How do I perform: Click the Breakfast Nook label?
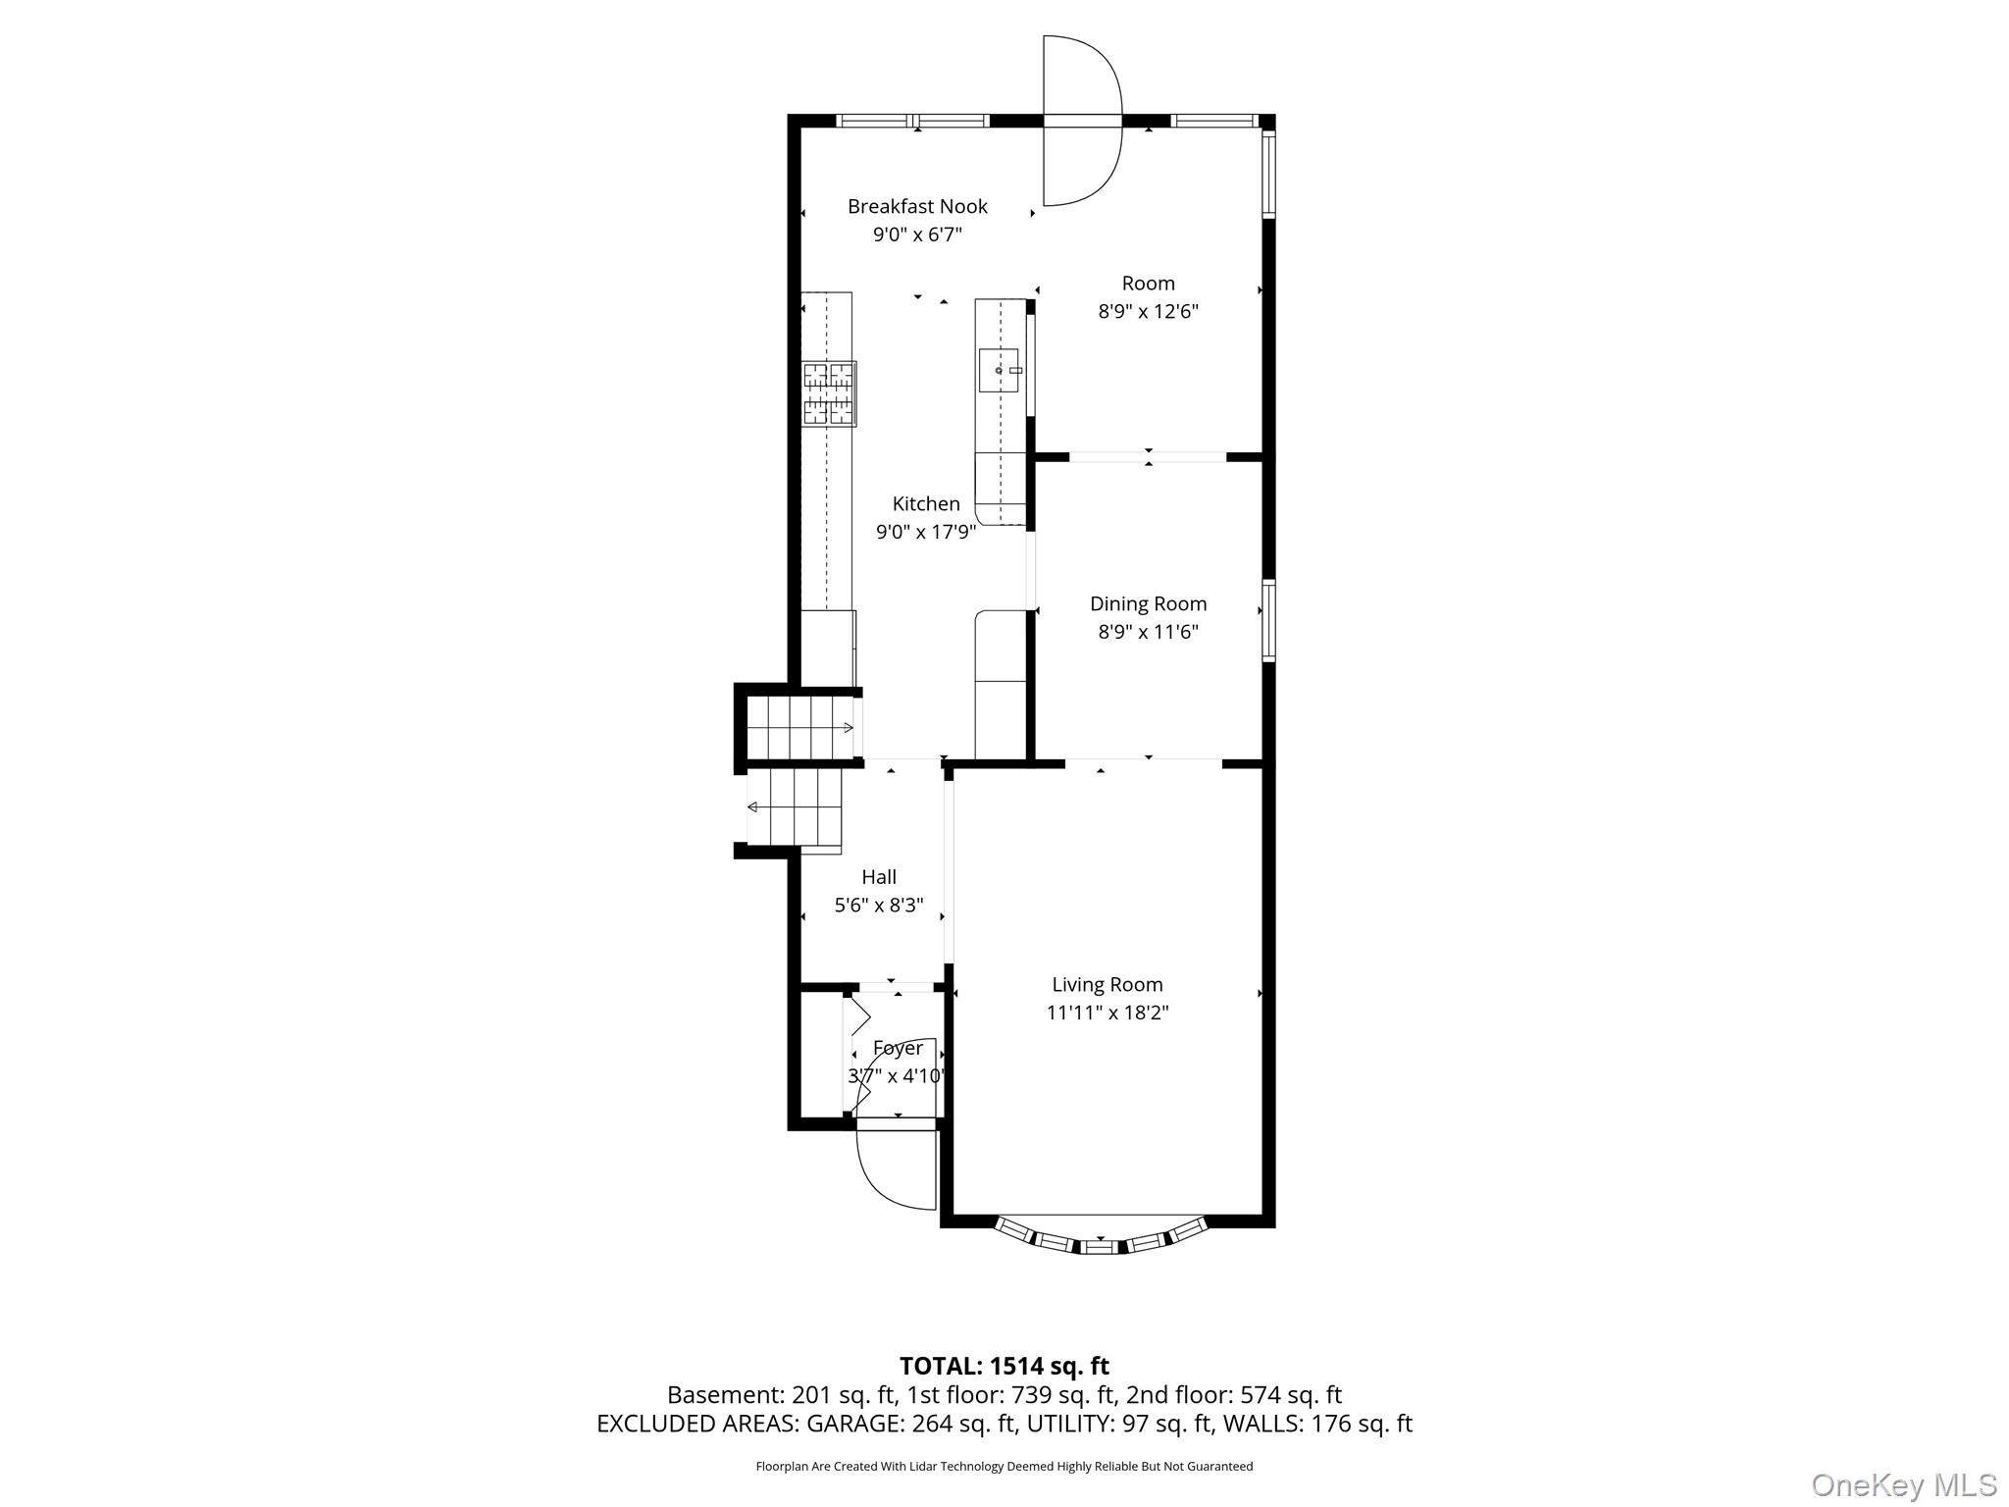click(x=917, y=207)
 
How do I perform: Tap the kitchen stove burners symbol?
click(x=828, y=393)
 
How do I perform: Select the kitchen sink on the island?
click(x=1000, y=370)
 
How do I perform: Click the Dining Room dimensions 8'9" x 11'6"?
click(x=1148, y=632)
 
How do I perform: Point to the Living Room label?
click(x=1107, y=984)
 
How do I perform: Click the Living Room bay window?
click(x=1100, y=1242)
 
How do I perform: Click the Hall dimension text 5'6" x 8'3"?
click(x=879, y=905)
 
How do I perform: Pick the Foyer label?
click(x=898, y=1048)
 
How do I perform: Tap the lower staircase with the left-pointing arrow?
click(x=796, y=807)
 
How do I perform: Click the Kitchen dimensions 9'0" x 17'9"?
click(x=925, y=532)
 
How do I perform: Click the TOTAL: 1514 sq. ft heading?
click(x=1004, y=1366)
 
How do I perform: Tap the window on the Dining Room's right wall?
click(x=1268, y=620)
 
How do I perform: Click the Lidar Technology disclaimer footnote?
click(x=1004, y=1466)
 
